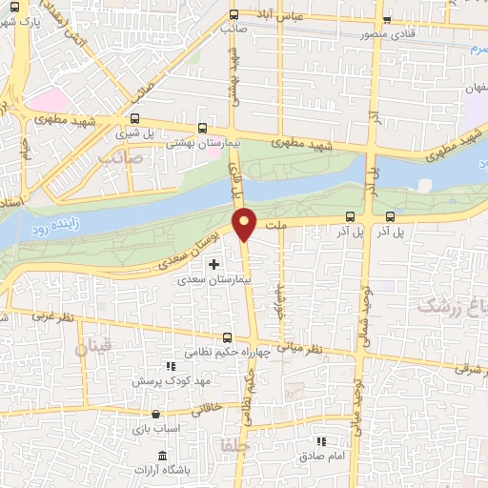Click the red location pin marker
pos(246,223)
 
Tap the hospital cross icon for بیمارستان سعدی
pos(213,264)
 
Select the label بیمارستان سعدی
pos(213,281)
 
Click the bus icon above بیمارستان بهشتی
pos(202,127)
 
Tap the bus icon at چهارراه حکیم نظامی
pos(227,337)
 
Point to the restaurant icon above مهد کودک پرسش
pos(171,366)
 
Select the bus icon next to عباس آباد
pos(234,14)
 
